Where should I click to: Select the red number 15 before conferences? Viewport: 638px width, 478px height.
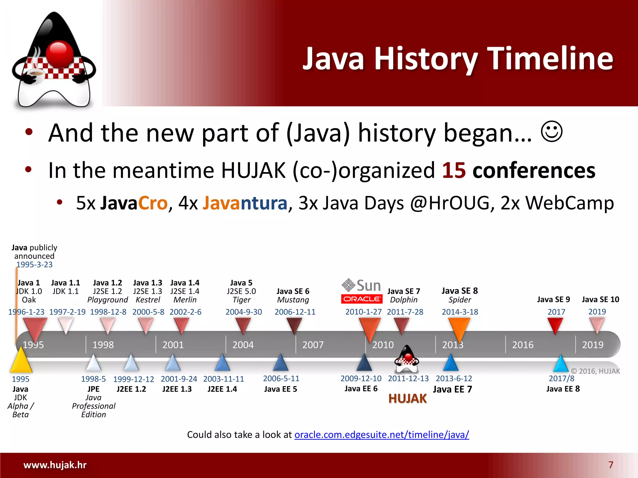coord(454,170)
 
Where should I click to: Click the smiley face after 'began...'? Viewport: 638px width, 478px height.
coord(551,132)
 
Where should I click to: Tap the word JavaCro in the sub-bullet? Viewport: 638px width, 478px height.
coord(134,203)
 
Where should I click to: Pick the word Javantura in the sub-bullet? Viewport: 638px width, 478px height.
coord(245,203)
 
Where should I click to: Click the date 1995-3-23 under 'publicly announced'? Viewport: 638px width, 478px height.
coord(34,265)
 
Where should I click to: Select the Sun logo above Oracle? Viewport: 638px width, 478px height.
coord(361,285)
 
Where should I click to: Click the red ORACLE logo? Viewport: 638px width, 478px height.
coord(362,299)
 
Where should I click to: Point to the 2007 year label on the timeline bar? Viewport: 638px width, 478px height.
coord(313,345)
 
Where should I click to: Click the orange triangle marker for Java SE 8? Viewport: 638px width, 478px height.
coord(459,329)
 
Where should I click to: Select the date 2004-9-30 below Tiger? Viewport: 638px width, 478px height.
coord(244,312)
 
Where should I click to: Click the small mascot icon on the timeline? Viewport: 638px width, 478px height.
coord(407,359)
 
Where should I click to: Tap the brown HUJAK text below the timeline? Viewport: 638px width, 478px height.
coord(407,399)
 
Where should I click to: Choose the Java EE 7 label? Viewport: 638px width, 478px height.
coord(453,389)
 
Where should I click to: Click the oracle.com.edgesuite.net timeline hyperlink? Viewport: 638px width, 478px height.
coord(382,434)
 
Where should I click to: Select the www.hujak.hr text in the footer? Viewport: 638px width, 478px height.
coord(55,465)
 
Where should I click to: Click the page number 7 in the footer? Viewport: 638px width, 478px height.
coord(611,465)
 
